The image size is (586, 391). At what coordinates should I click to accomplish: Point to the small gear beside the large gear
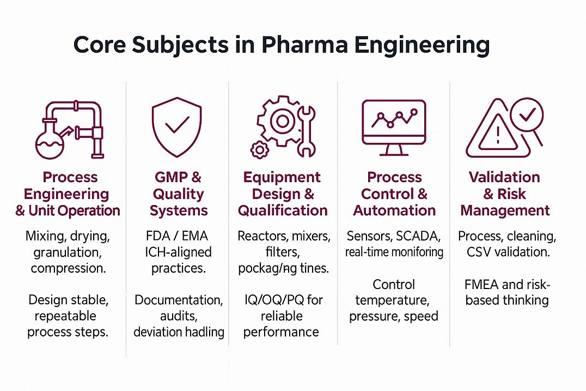point(259,149)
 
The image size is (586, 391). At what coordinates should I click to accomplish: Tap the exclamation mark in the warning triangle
point(497,134)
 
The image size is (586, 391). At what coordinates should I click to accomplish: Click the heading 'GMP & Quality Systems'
point(178,194)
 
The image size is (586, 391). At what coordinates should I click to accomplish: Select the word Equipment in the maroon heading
point(282,178)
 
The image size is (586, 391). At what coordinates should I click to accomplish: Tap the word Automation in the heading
point(394,210)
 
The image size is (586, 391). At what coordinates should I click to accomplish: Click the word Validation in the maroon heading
point(504,178)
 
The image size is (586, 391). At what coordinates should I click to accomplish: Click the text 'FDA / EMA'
point(178,237)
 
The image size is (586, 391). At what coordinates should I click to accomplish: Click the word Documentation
point(178,300)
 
